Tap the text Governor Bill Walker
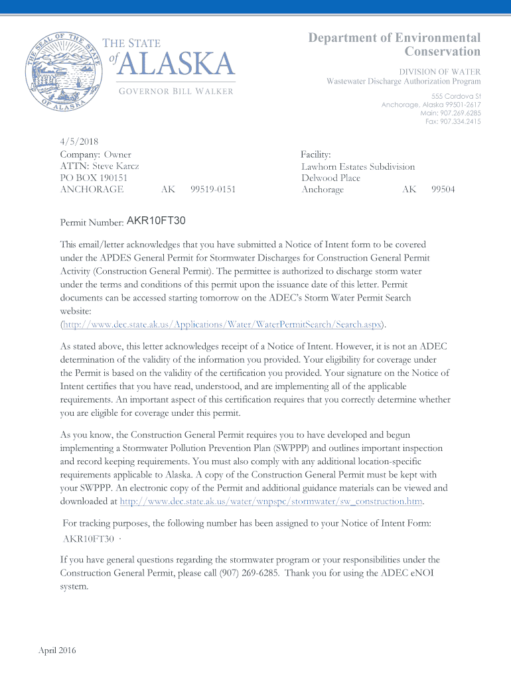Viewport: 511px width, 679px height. (177, 91)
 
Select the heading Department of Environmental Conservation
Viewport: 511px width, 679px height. (394, 44)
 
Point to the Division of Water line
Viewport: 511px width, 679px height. (439, 72)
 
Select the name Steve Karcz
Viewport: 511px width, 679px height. (115, 166)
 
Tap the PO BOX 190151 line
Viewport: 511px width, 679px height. (94, 178)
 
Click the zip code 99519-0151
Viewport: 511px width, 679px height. (213, 190)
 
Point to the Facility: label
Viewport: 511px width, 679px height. (315, 154)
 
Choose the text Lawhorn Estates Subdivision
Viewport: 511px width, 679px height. (358, 166)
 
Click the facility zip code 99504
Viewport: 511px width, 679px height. (443, 190)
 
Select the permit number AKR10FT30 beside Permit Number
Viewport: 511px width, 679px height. (156, 220)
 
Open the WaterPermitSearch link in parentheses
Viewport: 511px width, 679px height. (222, 324)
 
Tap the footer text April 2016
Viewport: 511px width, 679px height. (57, 650)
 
